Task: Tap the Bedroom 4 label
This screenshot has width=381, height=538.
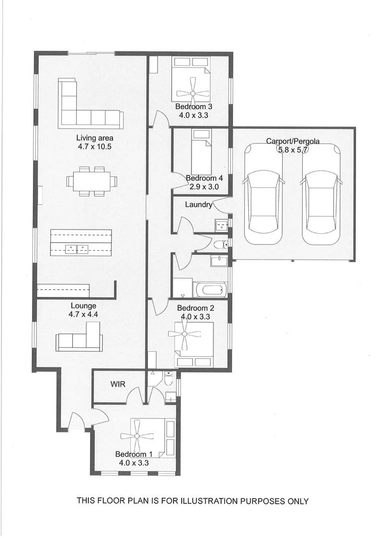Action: (x=201, y=178)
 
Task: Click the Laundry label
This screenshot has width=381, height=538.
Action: (x=198, y=204)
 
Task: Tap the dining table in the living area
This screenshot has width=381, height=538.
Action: (x=92, y=181)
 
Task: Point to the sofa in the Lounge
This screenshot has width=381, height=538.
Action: (x=81, y=338)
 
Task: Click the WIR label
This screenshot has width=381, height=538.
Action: (x=117, y=384)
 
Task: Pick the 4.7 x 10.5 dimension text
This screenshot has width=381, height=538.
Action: (x=95, y=147)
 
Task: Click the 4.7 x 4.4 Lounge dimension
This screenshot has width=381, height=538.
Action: (x=83, y=314)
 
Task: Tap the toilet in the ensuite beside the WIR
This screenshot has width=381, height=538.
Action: (x=169, y=380)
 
